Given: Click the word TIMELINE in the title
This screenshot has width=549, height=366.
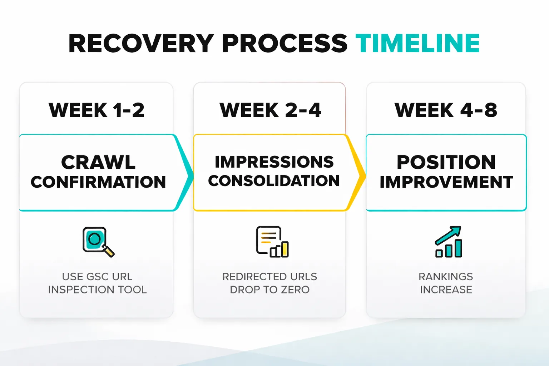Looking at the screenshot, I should click(417, 44).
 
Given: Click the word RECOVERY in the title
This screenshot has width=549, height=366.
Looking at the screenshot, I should click(141, 44).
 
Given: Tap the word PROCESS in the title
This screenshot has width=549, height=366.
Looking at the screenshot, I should click(284, 44).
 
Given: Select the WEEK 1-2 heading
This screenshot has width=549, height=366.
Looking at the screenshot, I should click(97, 110).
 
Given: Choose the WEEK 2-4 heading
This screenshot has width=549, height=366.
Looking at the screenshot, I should click(270, 110).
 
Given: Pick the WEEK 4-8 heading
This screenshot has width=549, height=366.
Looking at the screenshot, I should click(446, 110).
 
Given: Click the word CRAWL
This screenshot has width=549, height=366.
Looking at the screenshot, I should click(98, 163).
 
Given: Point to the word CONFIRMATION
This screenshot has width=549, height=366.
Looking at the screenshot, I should click(98, 182).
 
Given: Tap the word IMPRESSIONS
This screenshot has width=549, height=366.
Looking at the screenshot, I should click(274, 162).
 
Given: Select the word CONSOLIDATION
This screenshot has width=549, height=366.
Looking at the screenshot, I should click(274, 181).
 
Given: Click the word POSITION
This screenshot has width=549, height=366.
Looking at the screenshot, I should click(446, 163).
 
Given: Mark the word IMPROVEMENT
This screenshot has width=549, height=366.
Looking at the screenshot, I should click(446, 182).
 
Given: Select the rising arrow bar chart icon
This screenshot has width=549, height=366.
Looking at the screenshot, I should click(449, 242).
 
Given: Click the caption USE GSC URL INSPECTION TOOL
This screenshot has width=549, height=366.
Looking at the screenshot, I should click(97, 283).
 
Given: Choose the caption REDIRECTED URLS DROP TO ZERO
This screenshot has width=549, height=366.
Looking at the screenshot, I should click(270, 283).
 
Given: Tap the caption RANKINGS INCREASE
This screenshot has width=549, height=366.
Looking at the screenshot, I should click(446, 283).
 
